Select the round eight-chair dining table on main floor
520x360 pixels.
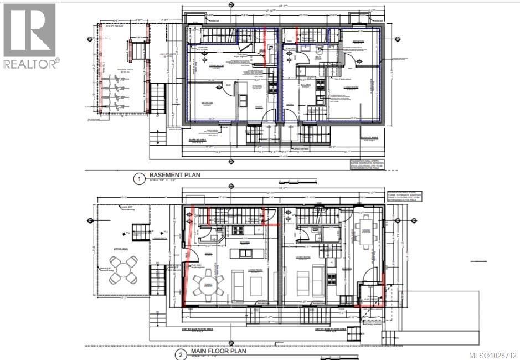point(208,286)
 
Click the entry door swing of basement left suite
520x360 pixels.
point(270,116)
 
